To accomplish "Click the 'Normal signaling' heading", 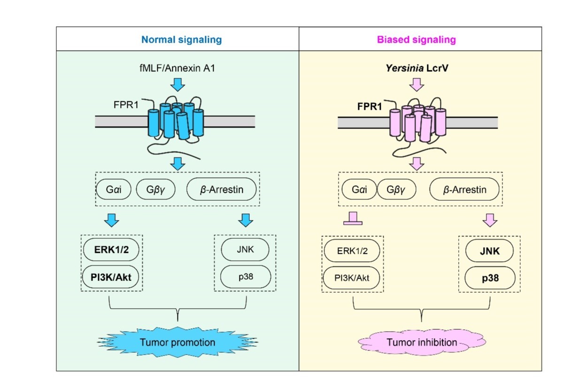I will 181,39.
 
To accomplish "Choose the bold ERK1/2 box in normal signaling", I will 111,250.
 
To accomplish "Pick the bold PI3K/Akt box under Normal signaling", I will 111,276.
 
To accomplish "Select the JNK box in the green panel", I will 245,249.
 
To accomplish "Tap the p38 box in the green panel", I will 245,276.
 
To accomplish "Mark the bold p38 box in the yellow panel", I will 488,278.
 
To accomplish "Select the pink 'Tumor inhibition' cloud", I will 422,342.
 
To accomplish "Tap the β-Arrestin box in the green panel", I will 222,190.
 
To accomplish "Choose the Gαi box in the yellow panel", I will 358,190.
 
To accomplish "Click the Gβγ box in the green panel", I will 155,190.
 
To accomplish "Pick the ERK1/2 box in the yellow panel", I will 352,252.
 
